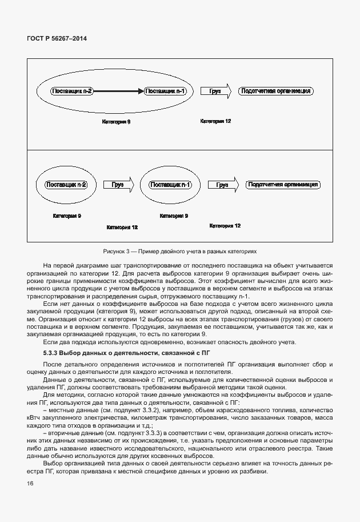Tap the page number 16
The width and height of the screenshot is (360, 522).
30,484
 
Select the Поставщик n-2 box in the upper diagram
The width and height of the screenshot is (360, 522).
73,91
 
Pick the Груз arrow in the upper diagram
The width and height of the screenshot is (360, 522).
215,91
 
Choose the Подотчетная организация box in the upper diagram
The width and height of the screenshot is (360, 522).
276,91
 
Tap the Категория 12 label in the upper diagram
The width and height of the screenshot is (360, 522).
215,121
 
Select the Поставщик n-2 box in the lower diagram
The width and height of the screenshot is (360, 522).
66,185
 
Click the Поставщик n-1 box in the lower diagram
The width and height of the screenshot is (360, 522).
170,185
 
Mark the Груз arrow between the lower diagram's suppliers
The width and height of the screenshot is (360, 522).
118,185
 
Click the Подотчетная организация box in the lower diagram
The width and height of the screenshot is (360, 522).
282,185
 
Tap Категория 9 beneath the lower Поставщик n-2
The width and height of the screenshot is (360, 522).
66,216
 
